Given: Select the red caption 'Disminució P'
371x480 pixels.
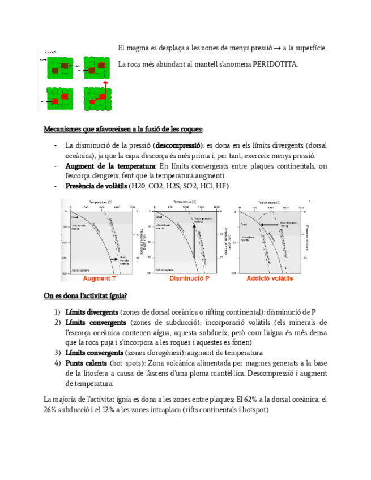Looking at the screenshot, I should [189, 278].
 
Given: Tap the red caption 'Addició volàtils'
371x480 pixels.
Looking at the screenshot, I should [270, 278].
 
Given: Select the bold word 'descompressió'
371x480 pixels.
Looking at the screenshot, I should [180, 145].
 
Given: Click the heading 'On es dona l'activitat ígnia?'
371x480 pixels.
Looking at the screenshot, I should [85, 295].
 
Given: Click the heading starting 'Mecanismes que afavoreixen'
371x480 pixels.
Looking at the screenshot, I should [123, 129].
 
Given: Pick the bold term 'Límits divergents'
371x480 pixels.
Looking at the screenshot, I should [92, 312].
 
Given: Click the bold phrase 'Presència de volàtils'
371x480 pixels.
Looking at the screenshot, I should [96, 186].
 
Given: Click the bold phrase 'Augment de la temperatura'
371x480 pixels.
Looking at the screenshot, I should [110, 166].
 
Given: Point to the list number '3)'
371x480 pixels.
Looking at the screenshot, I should [57, 353].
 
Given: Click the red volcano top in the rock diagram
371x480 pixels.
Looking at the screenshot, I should [105, 84].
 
